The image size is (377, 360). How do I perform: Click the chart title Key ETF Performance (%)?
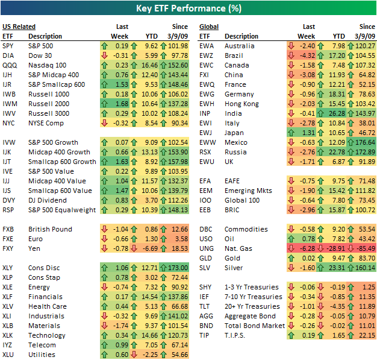[x=188, y=9]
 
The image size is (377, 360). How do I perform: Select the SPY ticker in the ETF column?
[x=8, y=46]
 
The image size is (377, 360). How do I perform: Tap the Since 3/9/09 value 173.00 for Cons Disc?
[x=178, y=268]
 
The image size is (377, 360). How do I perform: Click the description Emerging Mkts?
[x=248, y=191]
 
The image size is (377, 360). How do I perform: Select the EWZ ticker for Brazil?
[x=207, y=55]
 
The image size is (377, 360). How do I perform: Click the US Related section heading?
[x=19, y=27]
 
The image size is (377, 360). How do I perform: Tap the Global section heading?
[x=209, y=27]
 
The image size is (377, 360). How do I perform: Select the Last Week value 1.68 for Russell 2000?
[x=120, y=104]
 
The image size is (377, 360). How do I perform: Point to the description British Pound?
[x=50, y=229]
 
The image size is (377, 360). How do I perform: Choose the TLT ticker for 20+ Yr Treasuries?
[x=205, y=306]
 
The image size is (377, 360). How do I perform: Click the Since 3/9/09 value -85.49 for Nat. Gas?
[x=364, y=248]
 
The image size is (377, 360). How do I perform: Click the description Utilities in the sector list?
[x=42, y=355]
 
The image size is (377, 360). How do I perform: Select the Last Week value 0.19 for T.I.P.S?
[x=308, y=335]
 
